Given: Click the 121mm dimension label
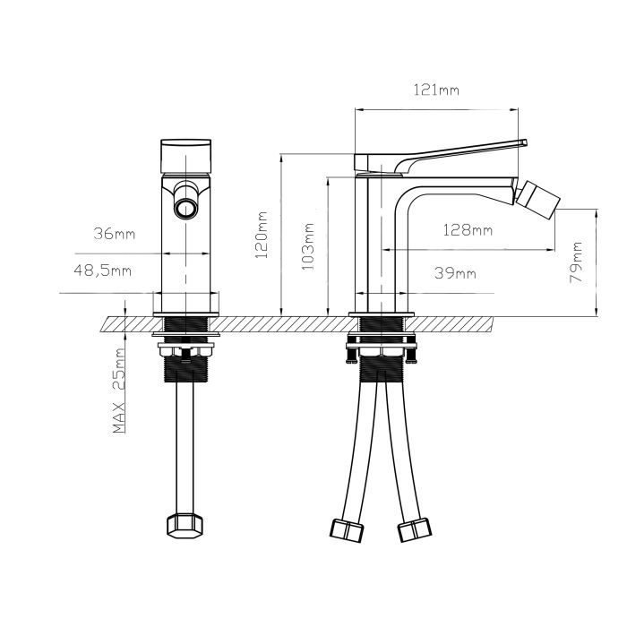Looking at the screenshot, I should pyautogui.click(x=437, y=90).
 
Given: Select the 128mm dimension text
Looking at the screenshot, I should pyautogui.click(x=469, y=230).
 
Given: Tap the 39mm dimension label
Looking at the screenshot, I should pyautogui.click(x=454, y=272).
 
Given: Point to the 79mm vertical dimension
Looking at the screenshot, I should pyautogui.click(x=577, y=262).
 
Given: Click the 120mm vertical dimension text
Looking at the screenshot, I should pyautogui.click(x=262, y=235).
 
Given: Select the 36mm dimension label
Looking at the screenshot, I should pyautogui.click(x=115, y=234).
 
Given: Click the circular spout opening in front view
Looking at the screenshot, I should pyautogui.click(x=185, y=210).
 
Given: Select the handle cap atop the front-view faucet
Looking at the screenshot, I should pyautogui.click(x=185, y=156).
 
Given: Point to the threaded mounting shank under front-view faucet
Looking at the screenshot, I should pyautogui.click(x=185, y=365).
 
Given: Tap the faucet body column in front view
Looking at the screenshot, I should pyautogui.click(x=185, y=260).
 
